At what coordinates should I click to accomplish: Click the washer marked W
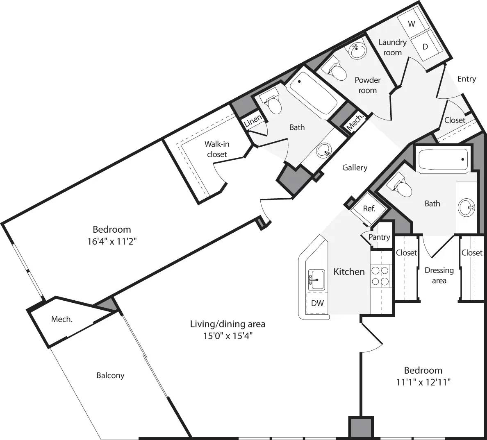tap(412, 24)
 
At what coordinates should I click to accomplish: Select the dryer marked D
tap(425, 47)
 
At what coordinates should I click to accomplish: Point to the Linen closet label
tap(253, 121)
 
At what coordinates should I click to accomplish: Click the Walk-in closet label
tap(217, 149)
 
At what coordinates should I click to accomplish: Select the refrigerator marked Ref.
tap(369, 209)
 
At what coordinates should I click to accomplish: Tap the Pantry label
tap(379, 237)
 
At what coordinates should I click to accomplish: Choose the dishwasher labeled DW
tap(317, 303)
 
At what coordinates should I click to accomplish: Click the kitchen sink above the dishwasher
tap(317, 279)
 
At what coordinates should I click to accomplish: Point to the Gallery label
tap(355, 168)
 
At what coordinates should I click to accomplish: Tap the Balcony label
tap(110, 375)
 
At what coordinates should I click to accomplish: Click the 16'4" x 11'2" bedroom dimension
tap(112, 242)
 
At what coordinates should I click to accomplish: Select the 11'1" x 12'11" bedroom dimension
tap(423, 383)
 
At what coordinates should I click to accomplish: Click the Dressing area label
tap(439, 275)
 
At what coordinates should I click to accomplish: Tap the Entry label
tap(467, 79)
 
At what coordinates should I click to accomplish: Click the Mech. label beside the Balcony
tap(62, 319)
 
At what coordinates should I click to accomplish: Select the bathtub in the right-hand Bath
tap(443, 160)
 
